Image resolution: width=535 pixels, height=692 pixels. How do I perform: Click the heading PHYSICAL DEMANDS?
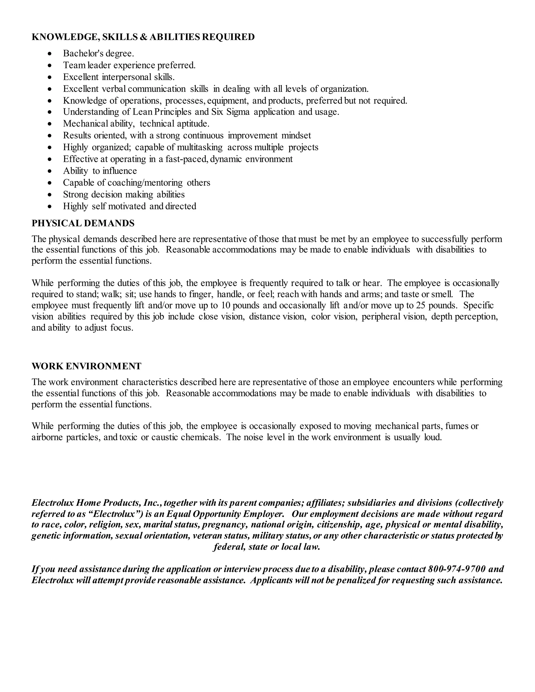(83, 223)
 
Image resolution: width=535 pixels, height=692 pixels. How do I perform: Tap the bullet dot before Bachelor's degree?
(49, 54)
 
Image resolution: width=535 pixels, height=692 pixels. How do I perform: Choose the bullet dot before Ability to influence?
(49, 171)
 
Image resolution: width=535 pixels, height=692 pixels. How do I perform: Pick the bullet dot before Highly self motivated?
(49, 207)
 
